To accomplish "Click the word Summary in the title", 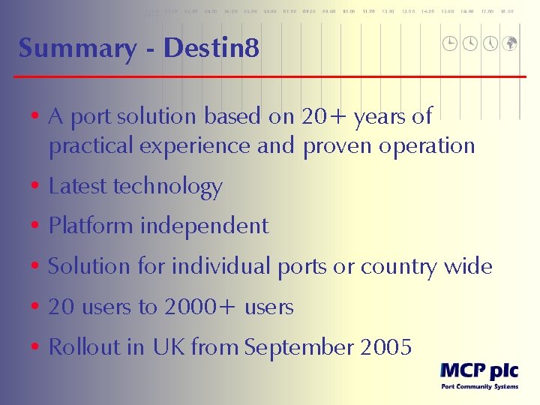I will pos(78,49).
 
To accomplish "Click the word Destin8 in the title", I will pos(211,49).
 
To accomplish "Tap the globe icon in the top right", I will pos(509,43).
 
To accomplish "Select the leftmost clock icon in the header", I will pos(450,43).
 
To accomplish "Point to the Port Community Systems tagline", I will pos(478,387).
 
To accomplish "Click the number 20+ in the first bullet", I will pos(324,116).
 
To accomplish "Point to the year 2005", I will pos(386,347).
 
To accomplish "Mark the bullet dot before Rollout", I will pos(35,348).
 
